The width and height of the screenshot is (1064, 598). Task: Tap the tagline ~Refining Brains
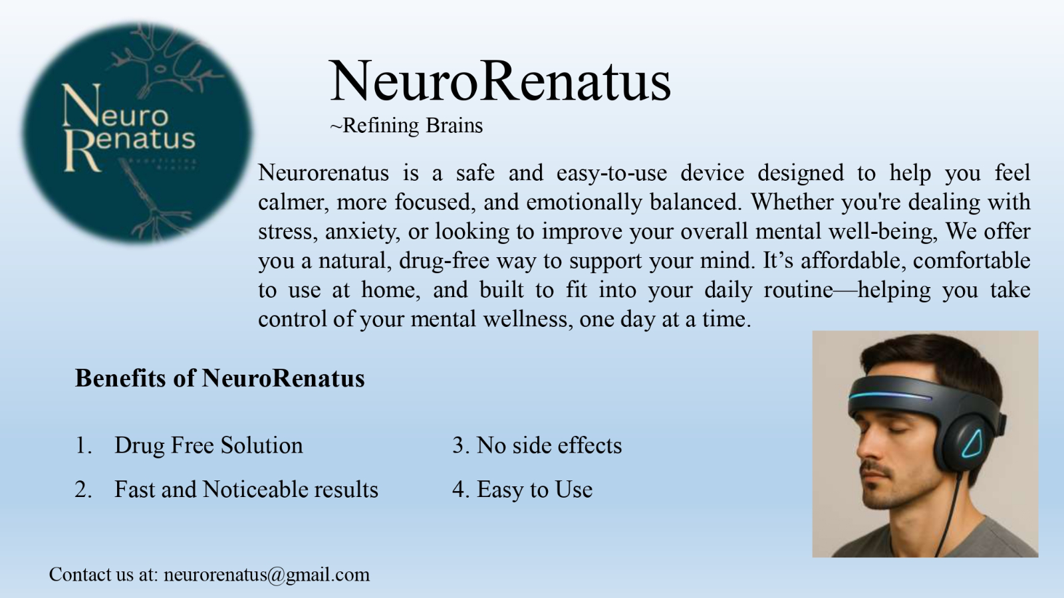(x=406, y=126)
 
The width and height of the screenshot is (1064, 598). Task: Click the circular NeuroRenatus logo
(x=137, y=133)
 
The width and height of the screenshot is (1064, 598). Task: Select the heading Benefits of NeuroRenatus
(x=220, y=378)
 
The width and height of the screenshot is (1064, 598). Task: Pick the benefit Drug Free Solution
(x=209, y=446)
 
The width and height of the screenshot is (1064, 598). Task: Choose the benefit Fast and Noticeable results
(x=246, y=489)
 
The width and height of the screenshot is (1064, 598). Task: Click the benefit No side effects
(x=549, y=445)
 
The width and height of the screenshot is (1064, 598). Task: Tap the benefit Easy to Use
(x=535, y=489)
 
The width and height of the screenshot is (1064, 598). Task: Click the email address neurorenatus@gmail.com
(x=267, y=575)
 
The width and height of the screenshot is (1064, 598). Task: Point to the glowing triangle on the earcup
(x=974, y=443)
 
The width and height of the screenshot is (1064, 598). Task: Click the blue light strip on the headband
(x=889, y=395)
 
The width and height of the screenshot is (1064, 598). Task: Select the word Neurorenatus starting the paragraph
(x=323, y=172)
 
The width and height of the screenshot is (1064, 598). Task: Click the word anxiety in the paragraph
(x=362, y=232)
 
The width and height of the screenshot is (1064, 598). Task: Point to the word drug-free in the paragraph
(x=444, y=261)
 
